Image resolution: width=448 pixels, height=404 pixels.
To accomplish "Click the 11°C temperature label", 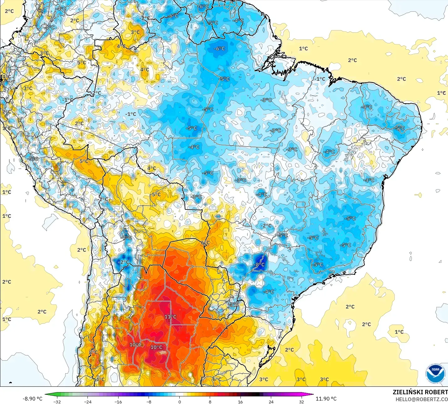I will pos(171,317).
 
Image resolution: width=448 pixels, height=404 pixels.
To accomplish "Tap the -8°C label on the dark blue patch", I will pos(260,264).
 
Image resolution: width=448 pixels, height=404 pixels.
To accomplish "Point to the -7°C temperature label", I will pos(127,238).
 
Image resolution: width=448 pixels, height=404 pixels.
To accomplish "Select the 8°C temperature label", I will pos(93,352).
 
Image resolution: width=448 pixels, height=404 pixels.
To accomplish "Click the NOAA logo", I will pos(435,374).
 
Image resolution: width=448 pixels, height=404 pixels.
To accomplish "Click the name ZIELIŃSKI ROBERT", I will pos(420,392).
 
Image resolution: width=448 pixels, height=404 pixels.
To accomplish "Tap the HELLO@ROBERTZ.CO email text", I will pos(421,399).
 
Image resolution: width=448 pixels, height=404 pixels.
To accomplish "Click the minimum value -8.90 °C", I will pos(32,398).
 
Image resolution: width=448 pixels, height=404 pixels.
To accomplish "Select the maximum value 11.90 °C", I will pos(326,398).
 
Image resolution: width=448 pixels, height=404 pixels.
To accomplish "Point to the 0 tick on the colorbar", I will pos(179,401).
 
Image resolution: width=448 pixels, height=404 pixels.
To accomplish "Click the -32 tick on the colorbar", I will pos(57,401).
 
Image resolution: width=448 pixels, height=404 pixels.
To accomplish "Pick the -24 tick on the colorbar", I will pos(87,401).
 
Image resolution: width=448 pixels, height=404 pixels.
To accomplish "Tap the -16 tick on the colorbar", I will pos(118,401).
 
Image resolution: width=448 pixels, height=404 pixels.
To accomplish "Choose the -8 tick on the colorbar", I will pos(149,401).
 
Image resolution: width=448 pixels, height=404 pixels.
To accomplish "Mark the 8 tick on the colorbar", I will pos(210,401).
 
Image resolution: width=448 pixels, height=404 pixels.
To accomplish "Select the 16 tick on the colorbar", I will pos(240,401).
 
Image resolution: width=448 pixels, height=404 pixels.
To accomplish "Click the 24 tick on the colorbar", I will pos(271,401).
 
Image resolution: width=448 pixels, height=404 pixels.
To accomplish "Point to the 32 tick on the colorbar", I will pos(301,401).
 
